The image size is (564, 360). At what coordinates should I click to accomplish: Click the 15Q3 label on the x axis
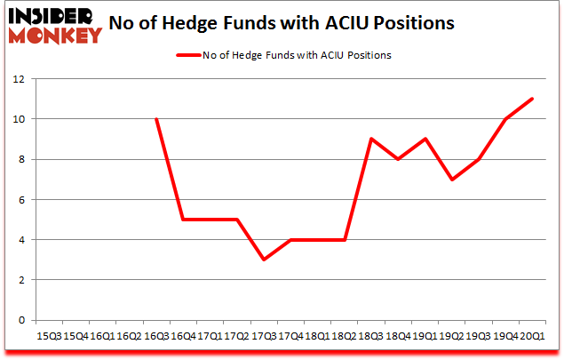click(x=48, y=337)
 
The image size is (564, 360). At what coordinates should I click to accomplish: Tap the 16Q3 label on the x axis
click(x=155, y=337)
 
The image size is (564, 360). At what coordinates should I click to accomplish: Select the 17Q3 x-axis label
click(x=263, y=337)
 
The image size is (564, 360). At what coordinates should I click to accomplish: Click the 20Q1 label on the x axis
click(x=531, y=337)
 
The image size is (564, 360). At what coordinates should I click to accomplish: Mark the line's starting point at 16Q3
click(x=156, y=119)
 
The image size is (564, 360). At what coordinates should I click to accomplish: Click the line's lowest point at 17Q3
click(x=264, y=260)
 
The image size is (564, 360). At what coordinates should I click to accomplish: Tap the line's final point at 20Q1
click(x=532, y=99)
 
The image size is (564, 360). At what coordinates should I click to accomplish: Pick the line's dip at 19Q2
click(x=451, y=179)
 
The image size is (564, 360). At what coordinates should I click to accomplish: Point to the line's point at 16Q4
click(x=183, y=220)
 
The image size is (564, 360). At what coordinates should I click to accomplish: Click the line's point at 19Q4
click(x=505, y=119)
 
